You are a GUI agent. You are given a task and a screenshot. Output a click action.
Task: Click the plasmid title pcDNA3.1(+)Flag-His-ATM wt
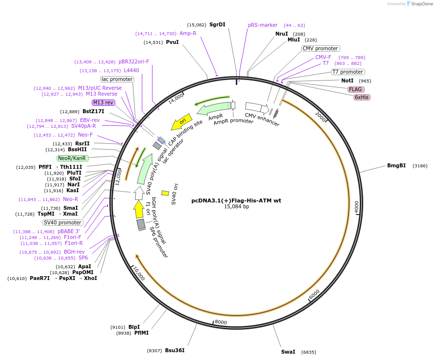236,200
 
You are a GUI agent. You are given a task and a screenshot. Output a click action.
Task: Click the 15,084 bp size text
236,207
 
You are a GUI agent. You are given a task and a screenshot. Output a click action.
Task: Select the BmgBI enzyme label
396,165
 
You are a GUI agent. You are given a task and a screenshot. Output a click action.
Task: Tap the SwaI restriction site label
288,352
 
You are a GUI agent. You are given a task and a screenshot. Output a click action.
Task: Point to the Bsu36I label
175,350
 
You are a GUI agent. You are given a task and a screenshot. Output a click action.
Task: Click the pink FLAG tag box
355,89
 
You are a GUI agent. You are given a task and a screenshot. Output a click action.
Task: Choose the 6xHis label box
362,97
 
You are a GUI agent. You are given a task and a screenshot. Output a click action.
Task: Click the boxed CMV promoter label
320,48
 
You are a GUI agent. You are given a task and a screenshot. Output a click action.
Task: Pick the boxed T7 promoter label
348,72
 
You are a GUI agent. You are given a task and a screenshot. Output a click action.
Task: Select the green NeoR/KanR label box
73,158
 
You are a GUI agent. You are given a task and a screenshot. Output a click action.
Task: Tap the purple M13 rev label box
103,102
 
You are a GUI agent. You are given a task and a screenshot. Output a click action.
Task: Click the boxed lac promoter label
117,79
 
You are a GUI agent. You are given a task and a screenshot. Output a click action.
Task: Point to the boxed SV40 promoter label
63,222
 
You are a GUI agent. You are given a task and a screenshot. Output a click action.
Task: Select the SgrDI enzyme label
217,24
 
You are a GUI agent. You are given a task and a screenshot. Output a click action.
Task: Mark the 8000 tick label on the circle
221,322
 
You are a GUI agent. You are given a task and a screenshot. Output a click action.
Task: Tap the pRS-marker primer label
263,25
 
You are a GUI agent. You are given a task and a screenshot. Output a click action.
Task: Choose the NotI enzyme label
347,80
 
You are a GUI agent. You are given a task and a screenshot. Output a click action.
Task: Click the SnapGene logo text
421,4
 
